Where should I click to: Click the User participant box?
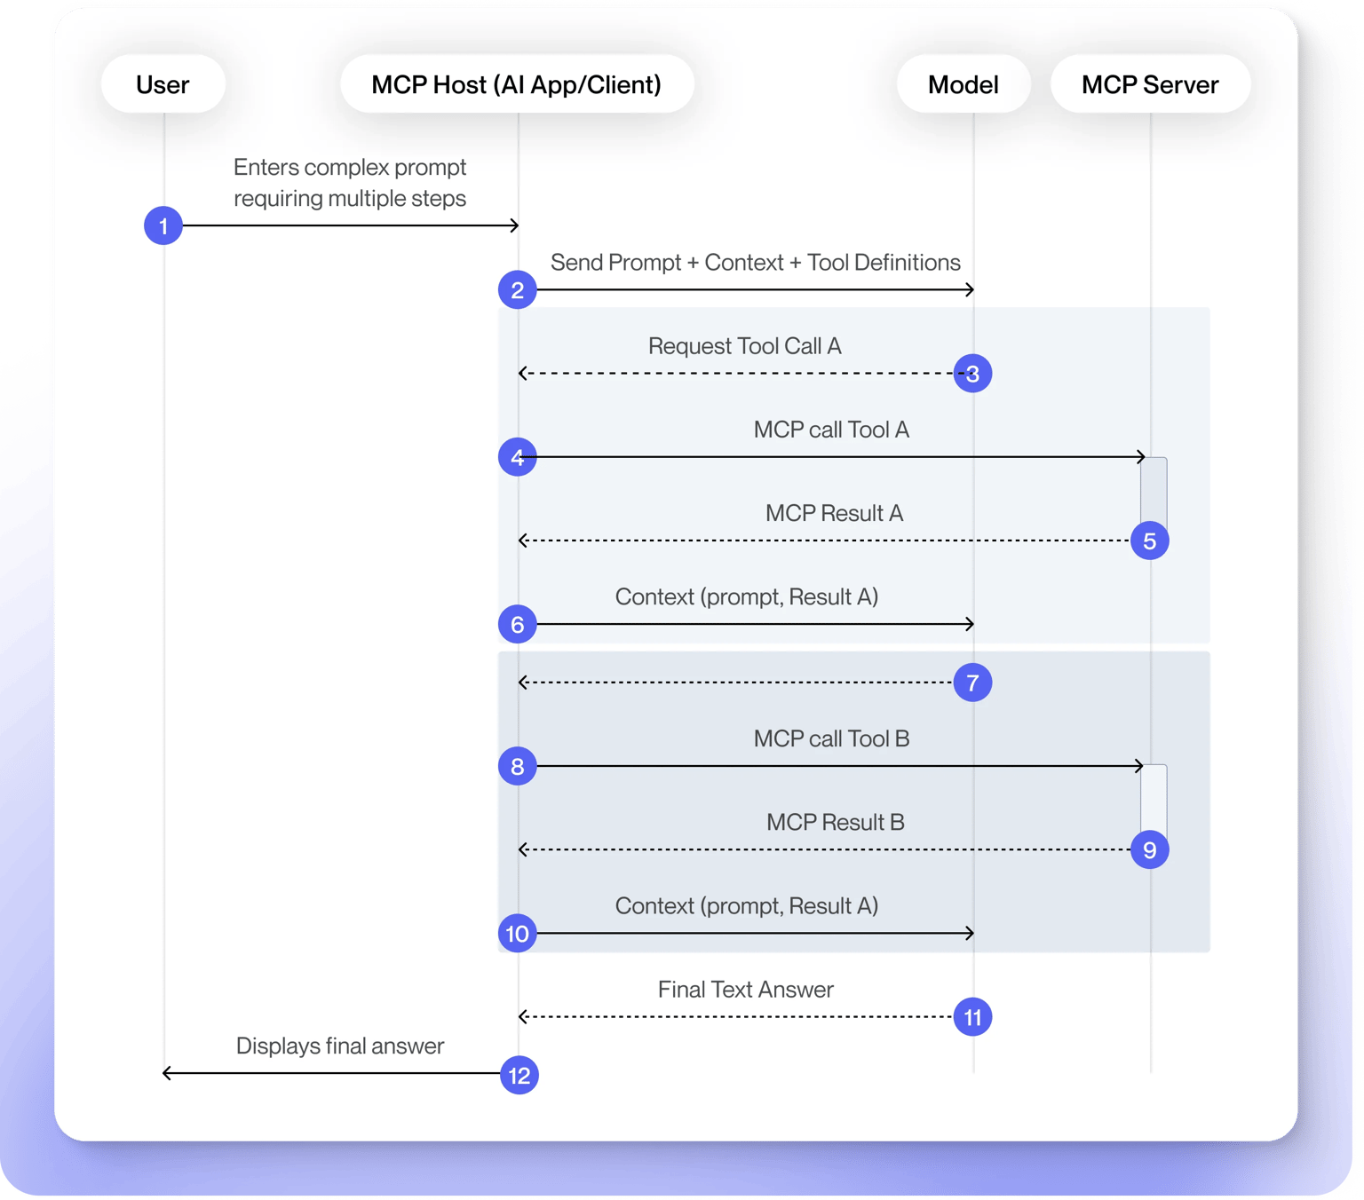click(163, 84)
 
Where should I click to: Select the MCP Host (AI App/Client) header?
click(516, 84)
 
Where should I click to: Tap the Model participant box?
click(963, 84)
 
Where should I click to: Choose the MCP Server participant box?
click(1150, 84)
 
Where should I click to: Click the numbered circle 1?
click(163, 225)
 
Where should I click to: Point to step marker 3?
click(972, 374)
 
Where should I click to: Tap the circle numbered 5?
click(1149, 541)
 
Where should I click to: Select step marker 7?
click(972, 683)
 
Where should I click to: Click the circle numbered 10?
click(517, 934)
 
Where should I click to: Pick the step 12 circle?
click(519, 1076)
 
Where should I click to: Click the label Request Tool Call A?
click(745, 346)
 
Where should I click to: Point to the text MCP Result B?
click(835, 823)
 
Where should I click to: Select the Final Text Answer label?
click(745, 990)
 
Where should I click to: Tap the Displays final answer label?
click(340, 1046)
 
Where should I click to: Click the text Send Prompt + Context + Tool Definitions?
click(756, 263)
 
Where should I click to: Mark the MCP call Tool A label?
click(831, 430)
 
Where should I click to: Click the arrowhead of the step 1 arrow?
click(515, 225)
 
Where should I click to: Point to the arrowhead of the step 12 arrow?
click(166, 1073)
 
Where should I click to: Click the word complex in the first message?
click(346, 168)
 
